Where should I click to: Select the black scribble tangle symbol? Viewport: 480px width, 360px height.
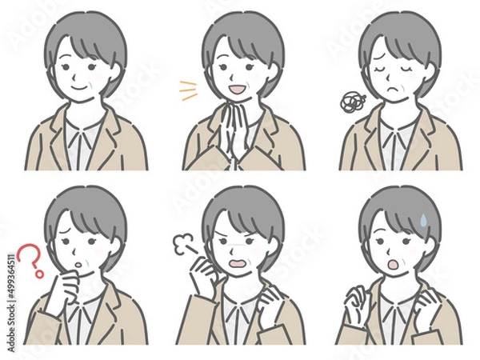(350, 102)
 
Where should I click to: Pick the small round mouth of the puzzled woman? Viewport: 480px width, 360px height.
(78, 261)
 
